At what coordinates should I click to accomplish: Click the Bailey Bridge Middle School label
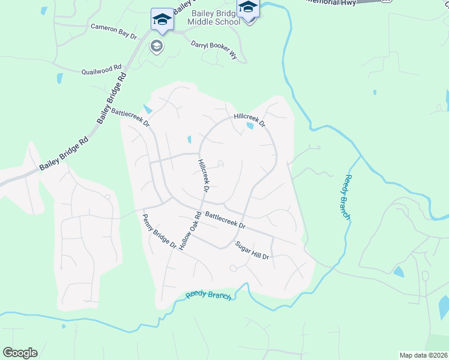214,17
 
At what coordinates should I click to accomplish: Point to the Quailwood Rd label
101,70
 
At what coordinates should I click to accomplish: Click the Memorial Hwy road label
330,2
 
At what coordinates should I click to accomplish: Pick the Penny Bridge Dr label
159,231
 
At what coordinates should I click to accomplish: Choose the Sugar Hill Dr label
253,251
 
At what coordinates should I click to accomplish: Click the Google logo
20,353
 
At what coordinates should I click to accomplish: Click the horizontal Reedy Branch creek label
209,295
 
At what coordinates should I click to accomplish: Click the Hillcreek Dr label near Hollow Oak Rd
203,176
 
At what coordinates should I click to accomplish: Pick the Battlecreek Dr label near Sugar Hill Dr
225,220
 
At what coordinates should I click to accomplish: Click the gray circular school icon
157,47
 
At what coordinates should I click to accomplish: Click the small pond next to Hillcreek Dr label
250,126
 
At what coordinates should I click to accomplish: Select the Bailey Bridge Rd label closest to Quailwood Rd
113,98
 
